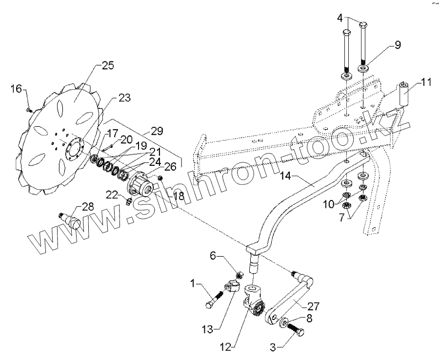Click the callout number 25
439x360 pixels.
[108, 65]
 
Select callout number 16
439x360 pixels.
[16, 88]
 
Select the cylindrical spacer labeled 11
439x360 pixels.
[403, 96]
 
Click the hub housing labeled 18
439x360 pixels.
[142, 186]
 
